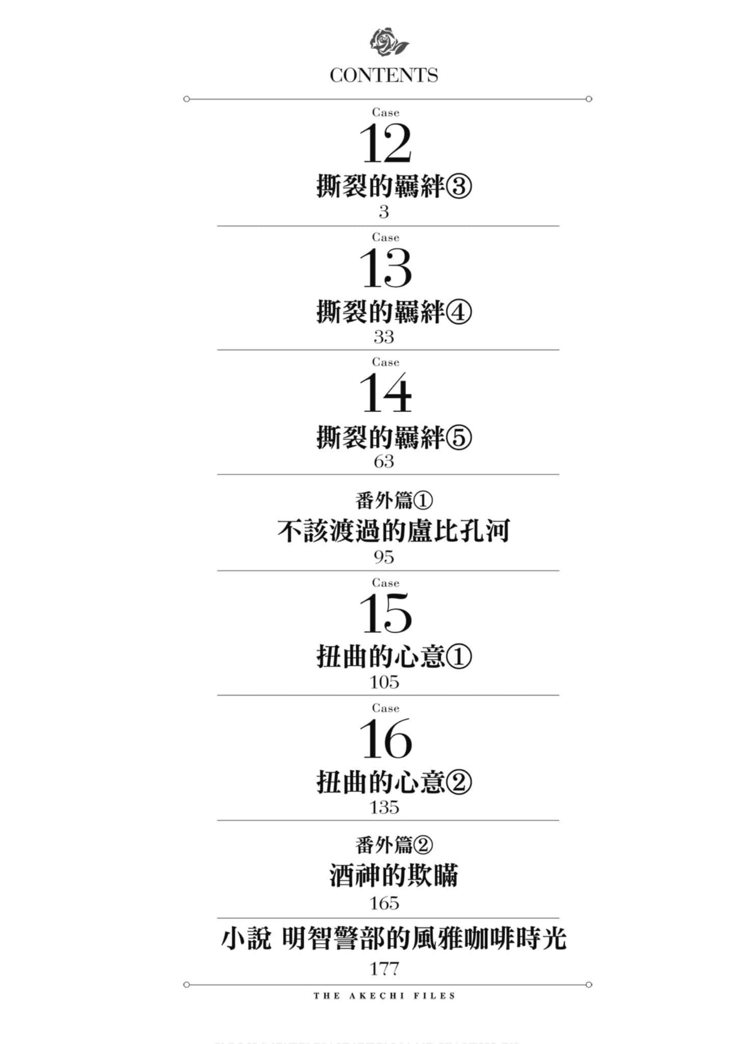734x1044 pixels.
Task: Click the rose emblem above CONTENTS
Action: tap(388, 42)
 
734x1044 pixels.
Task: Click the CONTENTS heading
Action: tap(384, 75)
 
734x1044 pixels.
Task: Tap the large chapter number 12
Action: tap(385, 144)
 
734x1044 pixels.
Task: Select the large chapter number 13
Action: tap(385, 269)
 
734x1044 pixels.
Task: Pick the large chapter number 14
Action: tap(385, 393)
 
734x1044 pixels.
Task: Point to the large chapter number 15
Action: tap(385, 614)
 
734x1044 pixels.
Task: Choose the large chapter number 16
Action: tap(385, 739)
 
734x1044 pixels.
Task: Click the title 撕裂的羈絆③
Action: tap(394, 186)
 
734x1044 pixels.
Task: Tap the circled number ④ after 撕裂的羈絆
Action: tap(459, 311)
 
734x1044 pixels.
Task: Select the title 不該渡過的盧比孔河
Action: tap(394, 531)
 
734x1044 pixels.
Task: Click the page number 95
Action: tap(384, 557)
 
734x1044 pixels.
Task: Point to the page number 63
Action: tap(384, 461)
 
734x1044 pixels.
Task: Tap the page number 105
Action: tap(384, 682)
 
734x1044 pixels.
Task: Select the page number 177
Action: tap(384, 969)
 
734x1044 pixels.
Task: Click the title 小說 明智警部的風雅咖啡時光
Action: tap(394, 939)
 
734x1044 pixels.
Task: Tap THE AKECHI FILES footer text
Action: tap(384, 996)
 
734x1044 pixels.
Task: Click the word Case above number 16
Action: tap(385, 708)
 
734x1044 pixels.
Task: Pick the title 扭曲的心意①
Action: tap(394, 657)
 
